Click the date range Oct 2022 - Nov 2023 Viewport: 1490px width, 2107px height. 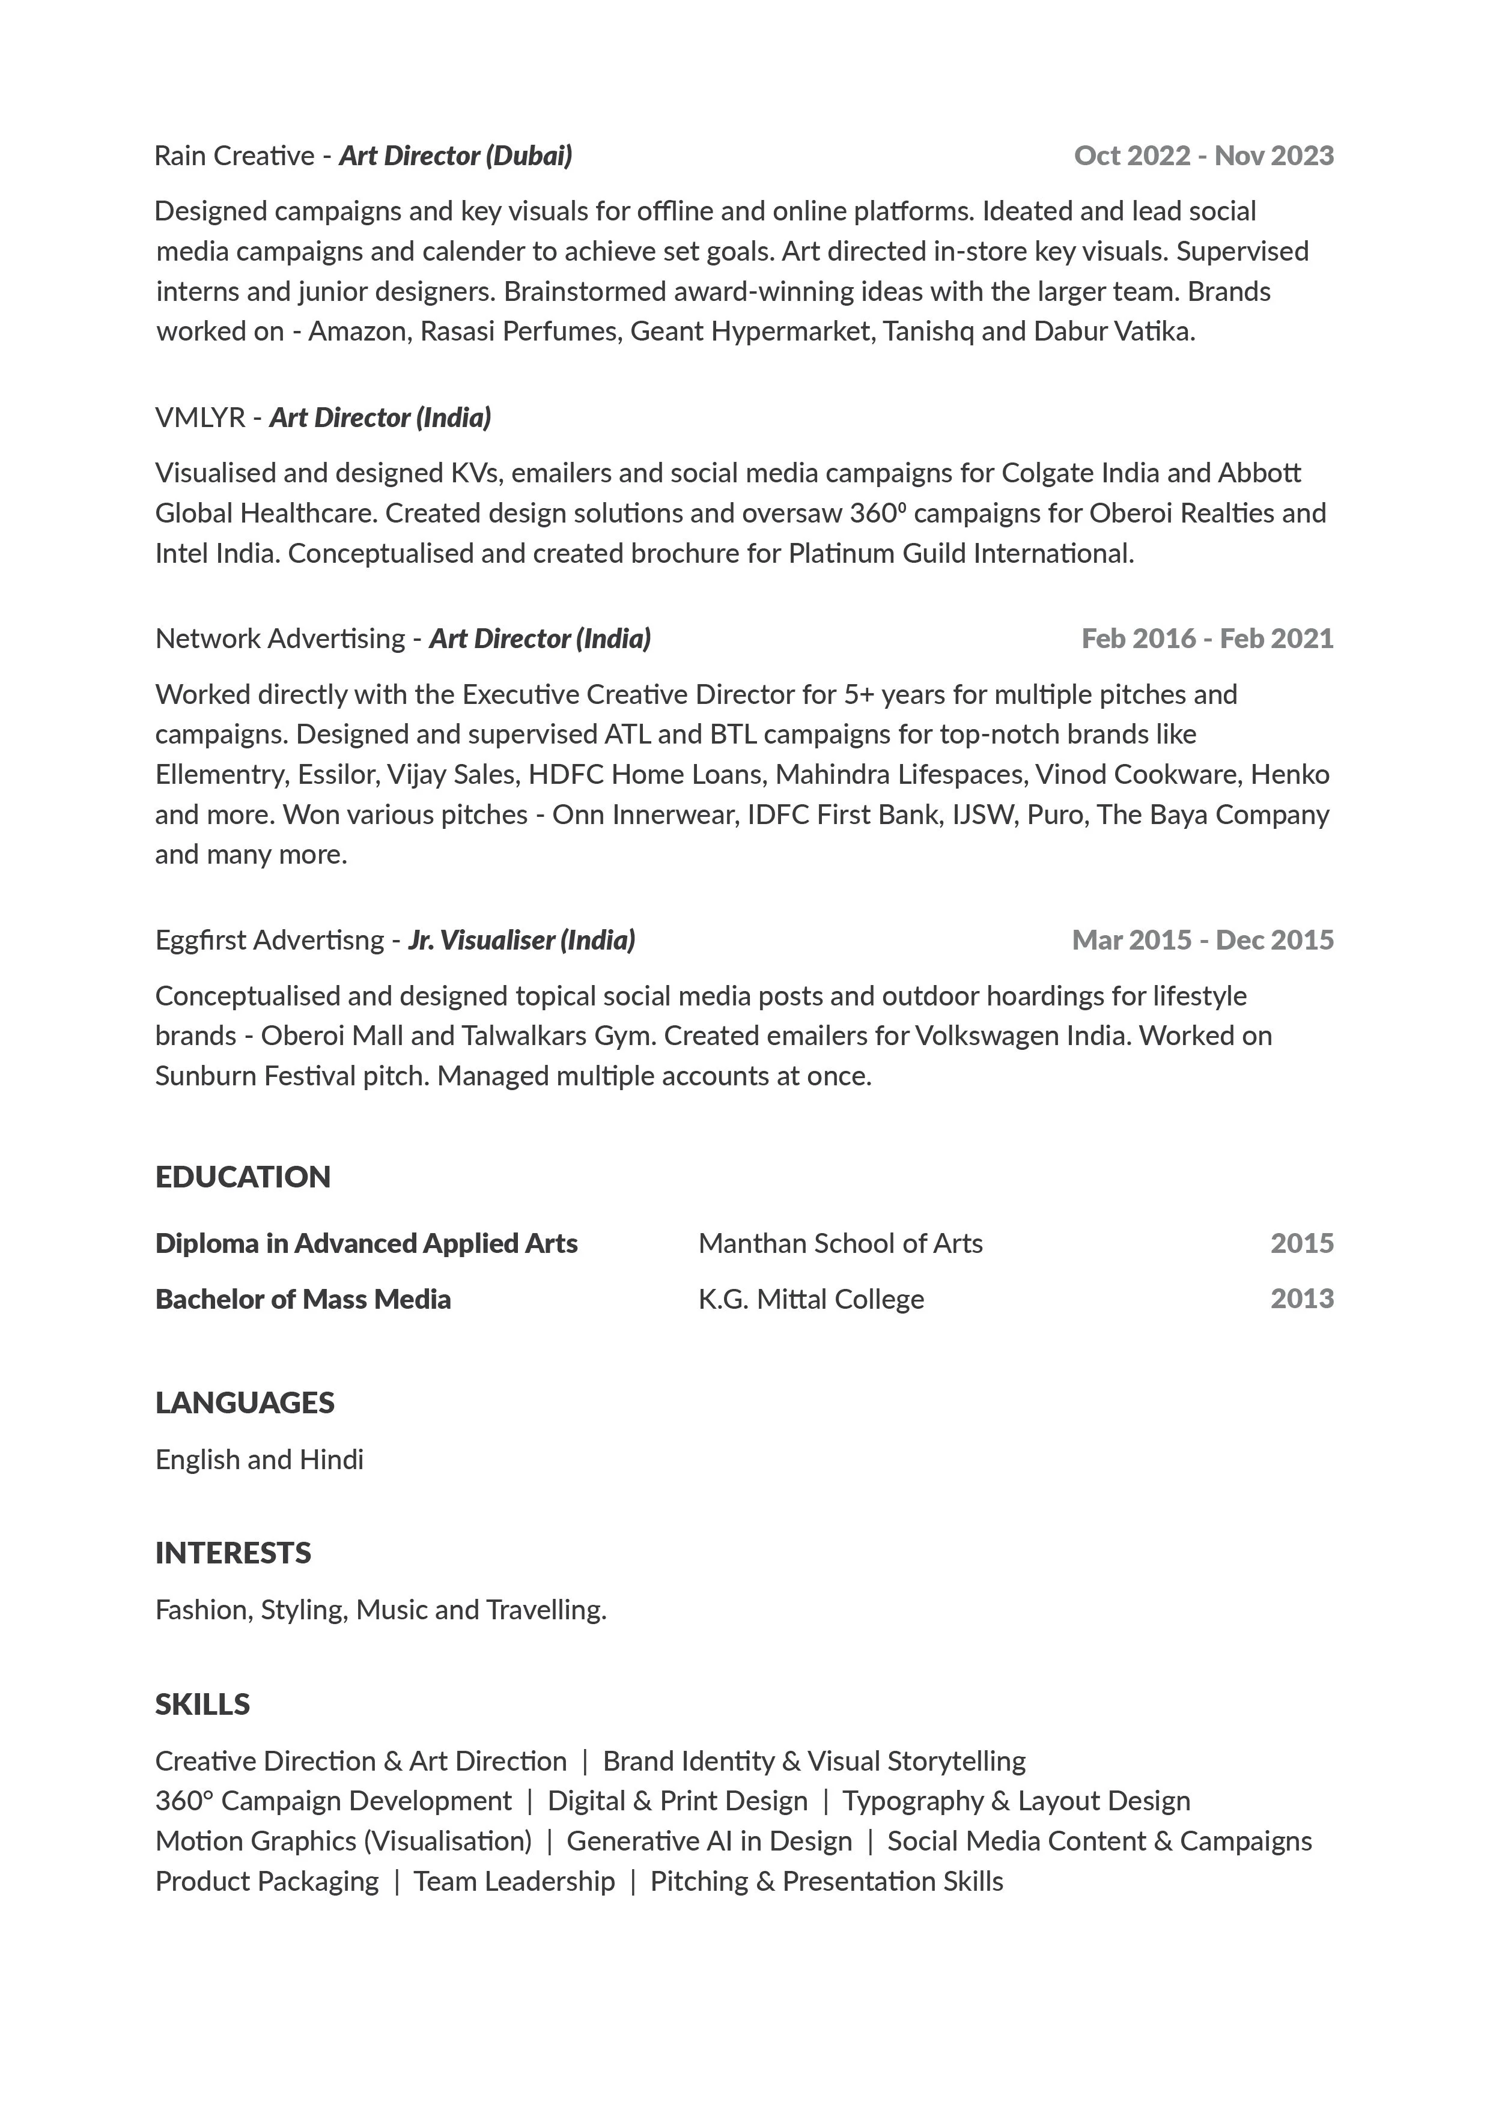(x=1203, y=156)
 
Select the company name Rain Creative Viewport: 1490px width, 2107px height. (x=234, y=156)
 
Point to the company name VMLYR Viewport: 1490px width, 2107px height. (x=200, y=417)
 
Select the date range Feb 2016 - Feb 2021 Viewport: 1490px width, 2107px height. (x=1206, y=638)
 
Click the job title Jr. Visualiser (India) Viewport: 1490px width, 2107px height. (x=521, y=940)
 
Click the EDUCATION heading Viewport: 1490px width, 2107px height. (x=242, y=1177)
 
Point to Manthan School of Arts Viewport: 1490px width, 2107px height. (x=840, y=1243)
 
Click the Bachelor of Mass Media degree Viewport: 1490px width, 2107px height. (x=303, y=1299)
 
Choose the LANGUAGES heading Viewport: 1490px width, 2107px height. (x=244, y=1402)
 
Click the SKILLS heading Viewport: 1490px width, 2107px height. (x=202, y=1704)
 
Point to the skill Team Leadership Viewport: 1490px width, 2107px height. (x=514, y=1881)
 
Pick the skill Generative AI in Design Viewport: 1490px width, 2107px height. (x=709, y=1841)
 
